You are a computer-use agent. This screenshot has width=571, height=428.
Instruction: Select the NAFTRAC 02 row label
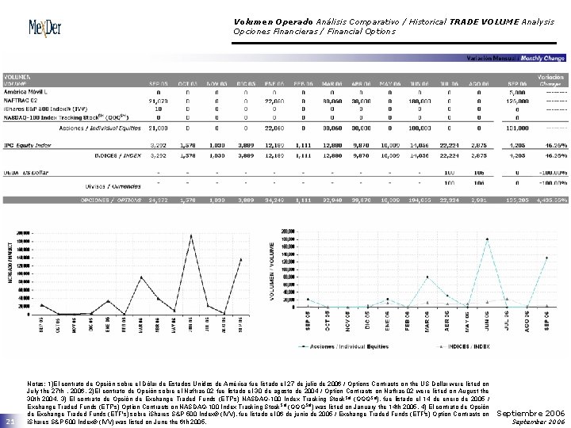[22, 100]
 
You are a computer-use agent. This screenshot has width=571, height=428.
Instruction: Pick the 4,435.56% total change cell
[549, 201]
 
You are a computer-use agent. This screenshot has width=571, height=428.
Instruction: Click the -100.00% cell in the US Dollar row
[549, 171]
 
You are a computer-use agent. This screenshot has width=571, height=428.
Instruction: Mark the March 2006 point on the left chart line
[143, 277]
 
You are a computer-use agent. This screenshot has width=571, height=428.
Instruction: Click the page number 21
[10, 421]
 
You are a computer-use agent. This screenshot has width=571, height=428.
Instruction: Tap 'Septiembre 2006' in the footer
[531, 414]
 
